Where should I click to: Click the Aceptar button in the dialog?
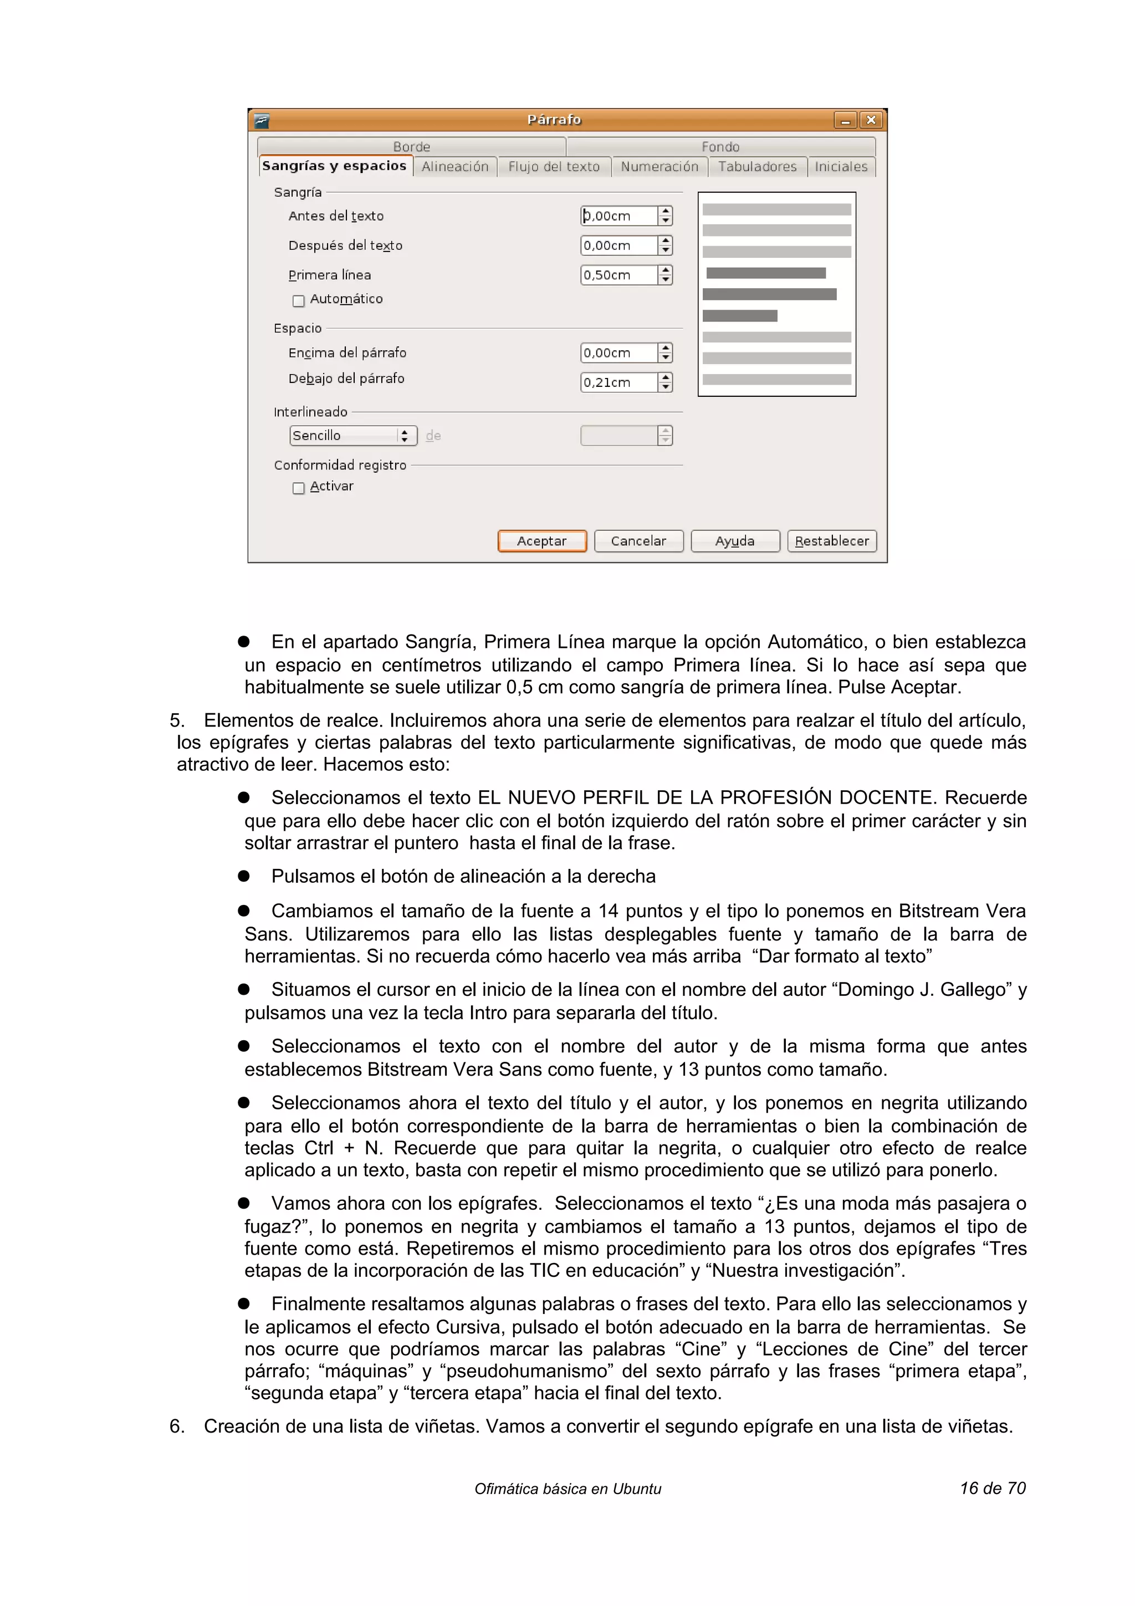coord(541,541)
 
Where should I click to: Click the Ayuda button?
coord(734,541)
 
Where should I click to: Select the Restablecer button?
coord(831,541)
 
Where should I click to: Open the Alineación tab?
coord(454,166)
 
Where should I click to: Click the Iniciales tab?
coord(841,166)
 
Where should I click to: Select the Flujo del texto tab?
coord(553,166)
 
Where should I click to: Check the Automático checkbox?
coord(299,301)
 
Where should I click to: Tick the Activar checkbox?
coord(299,488)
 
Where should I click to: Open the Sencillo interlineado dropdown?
coord(352,435)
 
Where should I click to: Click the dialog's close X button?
coord(871,120)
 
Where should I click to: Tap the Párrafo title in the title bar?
coord(554,120)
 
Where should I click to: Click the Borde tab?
coord(411,147)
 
